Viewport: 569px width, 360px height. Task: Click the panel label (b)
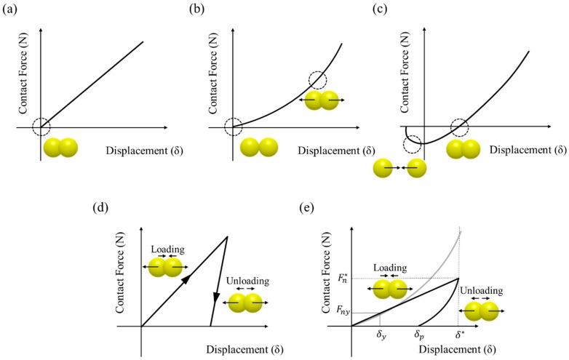196,9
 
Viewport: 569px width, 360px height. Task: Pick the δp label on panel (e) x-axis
420,336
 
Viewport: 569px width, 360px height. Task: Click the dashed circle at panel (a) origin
41,127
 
